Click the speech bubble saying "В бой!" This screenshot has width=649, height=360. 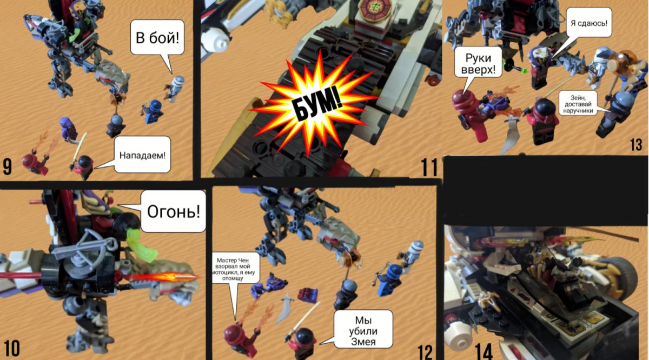[x=157, y=37]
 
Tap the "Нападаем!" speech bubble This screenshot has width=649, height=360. [x=142, y=155]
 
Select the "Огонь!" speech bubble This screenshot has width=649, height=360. [x=173, y=211]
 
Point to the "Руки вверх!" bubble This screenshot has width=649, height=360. [x=478, y=62]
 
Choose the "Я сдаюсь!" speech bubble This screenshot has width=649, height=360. [x=589, y=23]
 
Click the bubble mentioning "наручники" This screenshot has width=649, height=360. [x=578, y=103]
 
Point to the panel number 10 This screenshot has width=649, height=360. [x=12, y=349]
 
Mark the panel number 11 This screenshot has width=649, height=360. [x=429, y=167]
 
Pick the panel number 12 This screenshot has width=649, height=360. [x=425, y=352]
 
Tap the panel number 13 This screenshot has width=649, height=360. [x=636, y=144]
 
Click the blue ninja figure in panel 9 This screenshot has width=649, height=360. [x=153, y=111]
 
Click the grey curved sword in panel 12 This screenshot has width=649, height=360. [x=284, y=308]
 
